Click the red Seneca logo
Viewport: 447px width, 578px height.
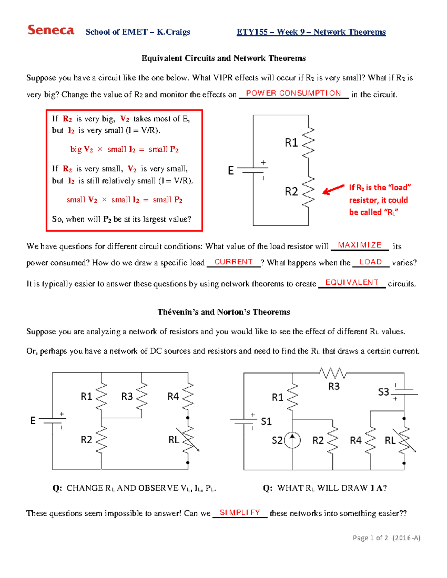tap(51, 30)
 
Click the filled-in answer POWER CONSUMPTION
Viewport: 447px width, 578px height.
tap(293, 93)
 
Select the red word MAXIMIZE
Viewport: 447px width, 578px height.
tap(359, 245)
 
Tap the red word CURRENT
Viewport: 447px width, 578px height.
tap(234, 262)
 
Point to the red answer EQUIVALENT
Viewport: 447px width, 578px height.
tap(352, 282)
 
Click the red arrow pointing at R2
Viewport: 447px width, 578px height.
tap(333, 189)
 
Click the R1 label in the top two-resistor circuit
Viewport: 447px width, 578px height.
tap(291, 143)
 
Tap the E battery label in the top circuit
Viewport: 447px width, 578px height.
tap(231, 170)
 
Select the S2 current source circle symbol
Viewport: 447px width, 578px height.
tap(292, 440)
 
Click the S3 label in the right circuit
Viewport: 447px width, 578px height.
tap(383, 392)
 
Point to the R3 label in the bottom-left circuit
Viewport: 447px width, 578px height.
tap(127, 396)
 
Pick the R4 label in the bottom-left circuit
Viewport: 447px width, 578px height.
tap(173, 396)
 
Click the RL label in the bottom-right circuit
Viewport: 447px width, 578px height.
tap(390, 441)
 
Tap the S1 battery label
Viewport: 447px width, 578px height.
tap(266, 421)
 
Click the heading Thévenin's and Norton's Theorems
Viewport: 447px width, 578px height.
tap(223, 312)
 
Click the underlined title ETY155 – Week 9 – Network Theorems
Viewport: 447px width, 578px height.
tap(311, 32)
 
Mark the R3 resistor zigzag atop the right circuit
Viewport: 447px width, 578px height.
tap(333, 373)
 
